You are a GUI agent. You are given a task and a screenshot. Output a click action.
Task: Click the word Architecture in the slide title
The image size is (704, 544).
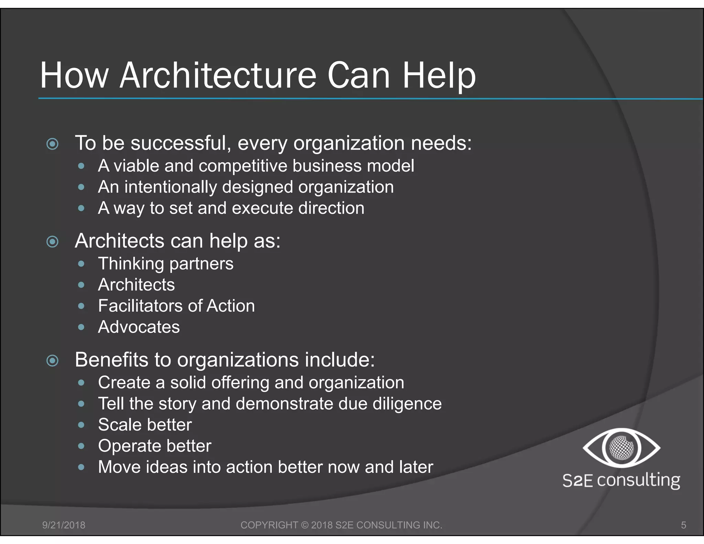click(218, 76)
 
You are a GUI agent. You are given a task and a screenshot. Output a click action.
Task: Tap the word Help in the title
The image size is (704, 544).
click(439, 76)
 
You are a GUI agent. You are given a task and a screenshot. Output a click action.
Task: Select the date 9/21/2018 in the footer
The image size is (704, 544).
click(64, 525)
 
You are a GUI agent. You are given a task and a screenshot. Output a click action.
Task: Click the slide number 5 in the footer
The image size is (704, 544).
click(683, 525)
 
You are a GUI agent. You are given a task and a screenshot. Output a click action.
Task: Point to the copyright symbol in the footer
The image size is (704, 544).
click(305, 525)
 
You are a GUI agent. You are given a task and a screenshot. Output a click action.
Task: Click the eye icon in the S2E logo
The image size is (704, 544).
click(621, 448)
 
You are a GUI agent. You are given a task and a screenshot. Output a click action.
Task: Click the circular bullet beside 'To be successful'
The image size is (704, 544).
click(52, 144)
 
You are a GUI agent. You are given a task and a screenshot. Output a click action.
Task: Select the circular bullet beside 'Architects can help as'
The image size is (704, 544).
click(52, 242)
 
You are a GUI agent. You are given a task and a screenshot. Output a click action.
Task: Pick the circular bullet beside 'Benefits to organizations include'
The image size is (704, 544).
click(52, 361)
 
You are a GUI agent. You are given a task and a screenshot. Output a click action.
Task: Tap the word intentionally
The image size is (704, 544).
click(170, 187)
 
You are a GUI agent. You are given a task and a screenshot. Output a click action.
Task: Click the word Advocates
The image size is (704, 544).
click(139, 327)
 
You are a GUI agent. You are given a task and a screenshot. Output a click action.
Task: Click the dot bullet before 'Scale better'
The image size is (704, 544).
click(81, 425)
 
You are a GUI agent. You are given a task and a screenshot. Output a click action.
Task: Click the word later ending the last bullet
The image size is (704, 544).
click(416, 467)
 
